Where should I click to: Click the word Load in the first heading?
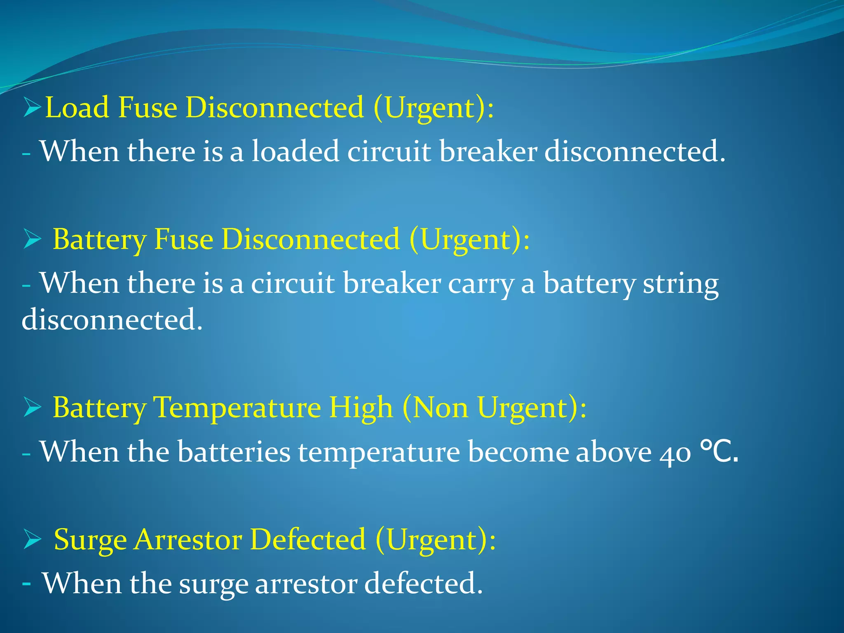pyautogui.click(x=76, y=108)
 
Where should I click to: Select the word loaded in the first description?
pyautogui.click(x=295, y=151)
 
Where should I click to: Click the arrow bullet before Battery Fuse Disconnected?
pyautogui.click(x=32, y=239)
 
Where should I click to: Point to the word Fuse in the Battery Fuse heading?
pyautogui.click(x=183, y=239)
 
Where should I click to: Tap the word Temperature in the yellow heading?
pyautogui.click(x=237, y=408)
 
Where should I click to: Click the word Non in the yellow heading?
pyautogui.click(x=440, y=408)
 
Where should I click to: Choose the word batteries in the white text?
pyautogui.click(x=234, y=452)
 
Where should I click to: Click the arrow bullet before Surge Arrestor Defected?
pyautogui.click(x=32, y=539)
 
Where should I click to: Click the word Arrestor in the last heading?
pyautogui.click(x=188, y=539)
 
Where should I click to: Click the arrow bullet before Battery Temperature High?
pyautogui.click(x=32, y=407)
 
